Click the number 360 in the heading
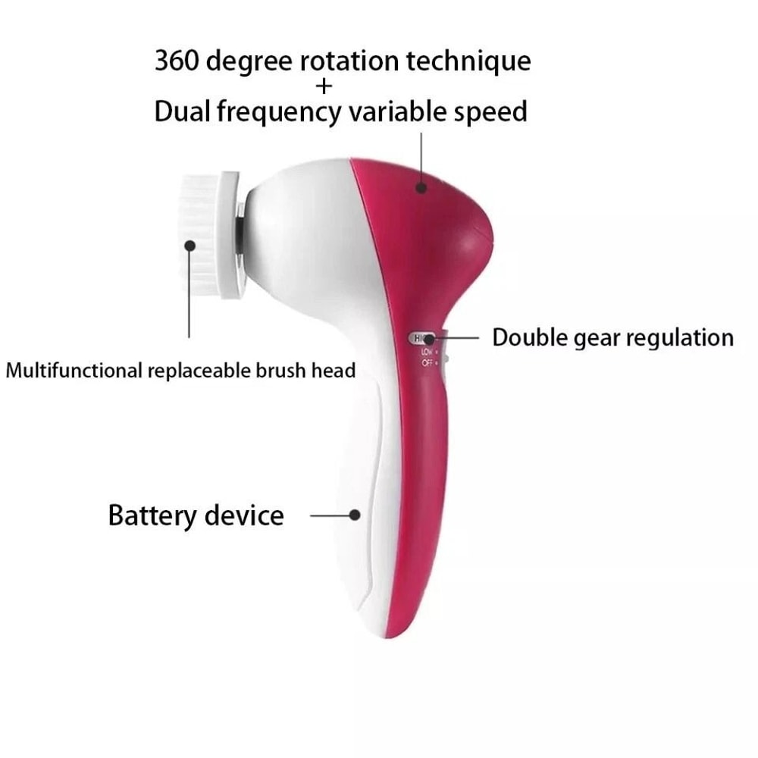tap(176, 60)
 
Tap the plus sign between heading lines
tap(324, 86)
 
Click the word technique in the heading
tap(468, 60)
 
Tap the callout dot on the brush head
tap(189, 245)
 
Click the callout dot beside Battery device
tap(354, 515)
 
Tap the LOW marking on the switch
tap(426, 352)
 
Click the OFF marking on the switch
tap(427, 363)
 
